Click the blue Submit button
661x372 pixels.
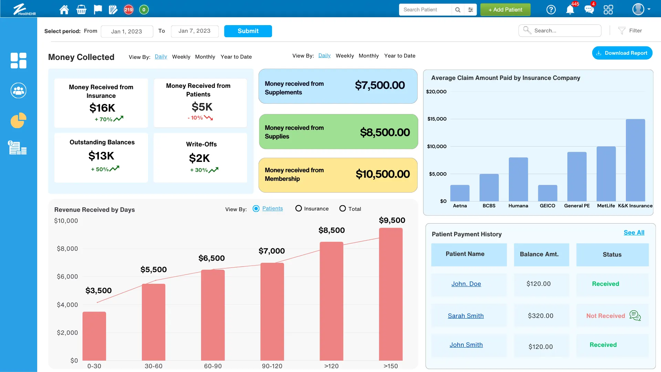pyautogui.click(x=248, y=31)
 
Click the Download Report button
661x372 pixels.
pyautogui.click(x=622, y=53)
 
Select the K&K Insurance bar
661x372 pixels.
pyautogui.click(x=635, y=160)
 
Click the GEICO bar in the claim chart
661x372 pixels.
pyautogui.click(x=547, y=193)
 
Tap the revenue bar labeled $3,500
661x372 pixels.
pyautogui.click(x=94, y=336)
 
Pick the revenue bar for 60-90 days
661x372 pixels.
pyautogui.click(x=213, y=315)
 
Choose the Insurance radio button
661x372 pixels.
pyautogui.click(x=298, y=209)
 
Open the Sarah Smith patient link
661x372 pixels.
pyautogui.click(x=465, y=316)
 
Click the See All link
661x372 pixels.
pyautogui.click(x=634, y=232)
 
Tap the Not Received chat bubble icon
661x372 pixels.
pyautogui.click(x=635, y=316)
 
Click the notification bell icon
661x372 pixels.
pyautogui.click(x=570, y=10)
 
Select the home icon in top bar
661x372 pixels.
pyautogui.click(x=64, y=10)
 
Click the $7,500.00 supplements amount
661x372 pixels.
pyautogui.click(x=380, y=85)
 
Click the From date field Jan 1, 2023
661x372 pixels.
pyautogui.click(x=127, y=31)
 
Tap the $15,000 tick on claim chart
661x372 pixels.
pyautogui.click(x=437, y=119)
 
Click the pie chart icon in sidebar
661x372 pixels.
pyautogui.click(x=18, y=121)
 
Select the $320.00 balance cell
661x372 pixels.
pyautogui.click(x=541, y=316)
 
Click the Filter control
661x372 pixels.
pyautogui.click(x=630, y=31)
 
